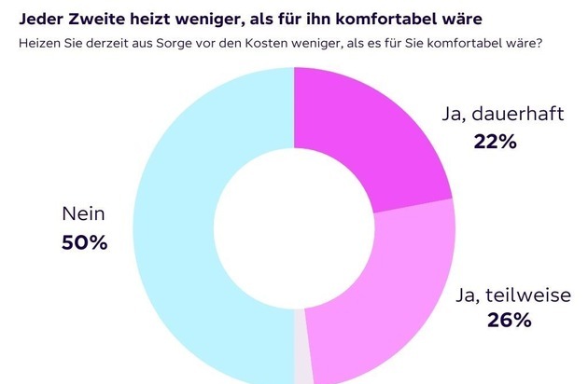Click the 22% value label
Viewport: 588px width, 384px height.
(494, 143)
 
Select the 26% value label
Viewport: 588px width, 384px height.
(509, 322)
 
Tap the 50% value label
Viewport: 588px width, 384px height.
(84, 244)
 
